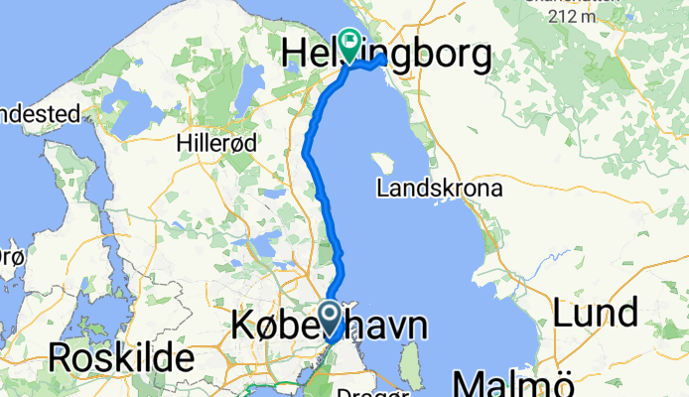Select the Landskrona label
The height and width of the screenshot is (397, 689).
441,188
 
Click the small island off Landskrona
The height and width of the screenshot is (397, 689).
379,162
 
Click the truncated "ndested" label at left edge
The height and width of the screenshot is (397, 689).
39,115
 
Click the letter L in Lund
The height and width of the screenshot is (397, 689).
563,314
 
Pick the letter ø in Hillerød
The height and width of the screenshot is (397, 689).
238,143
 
